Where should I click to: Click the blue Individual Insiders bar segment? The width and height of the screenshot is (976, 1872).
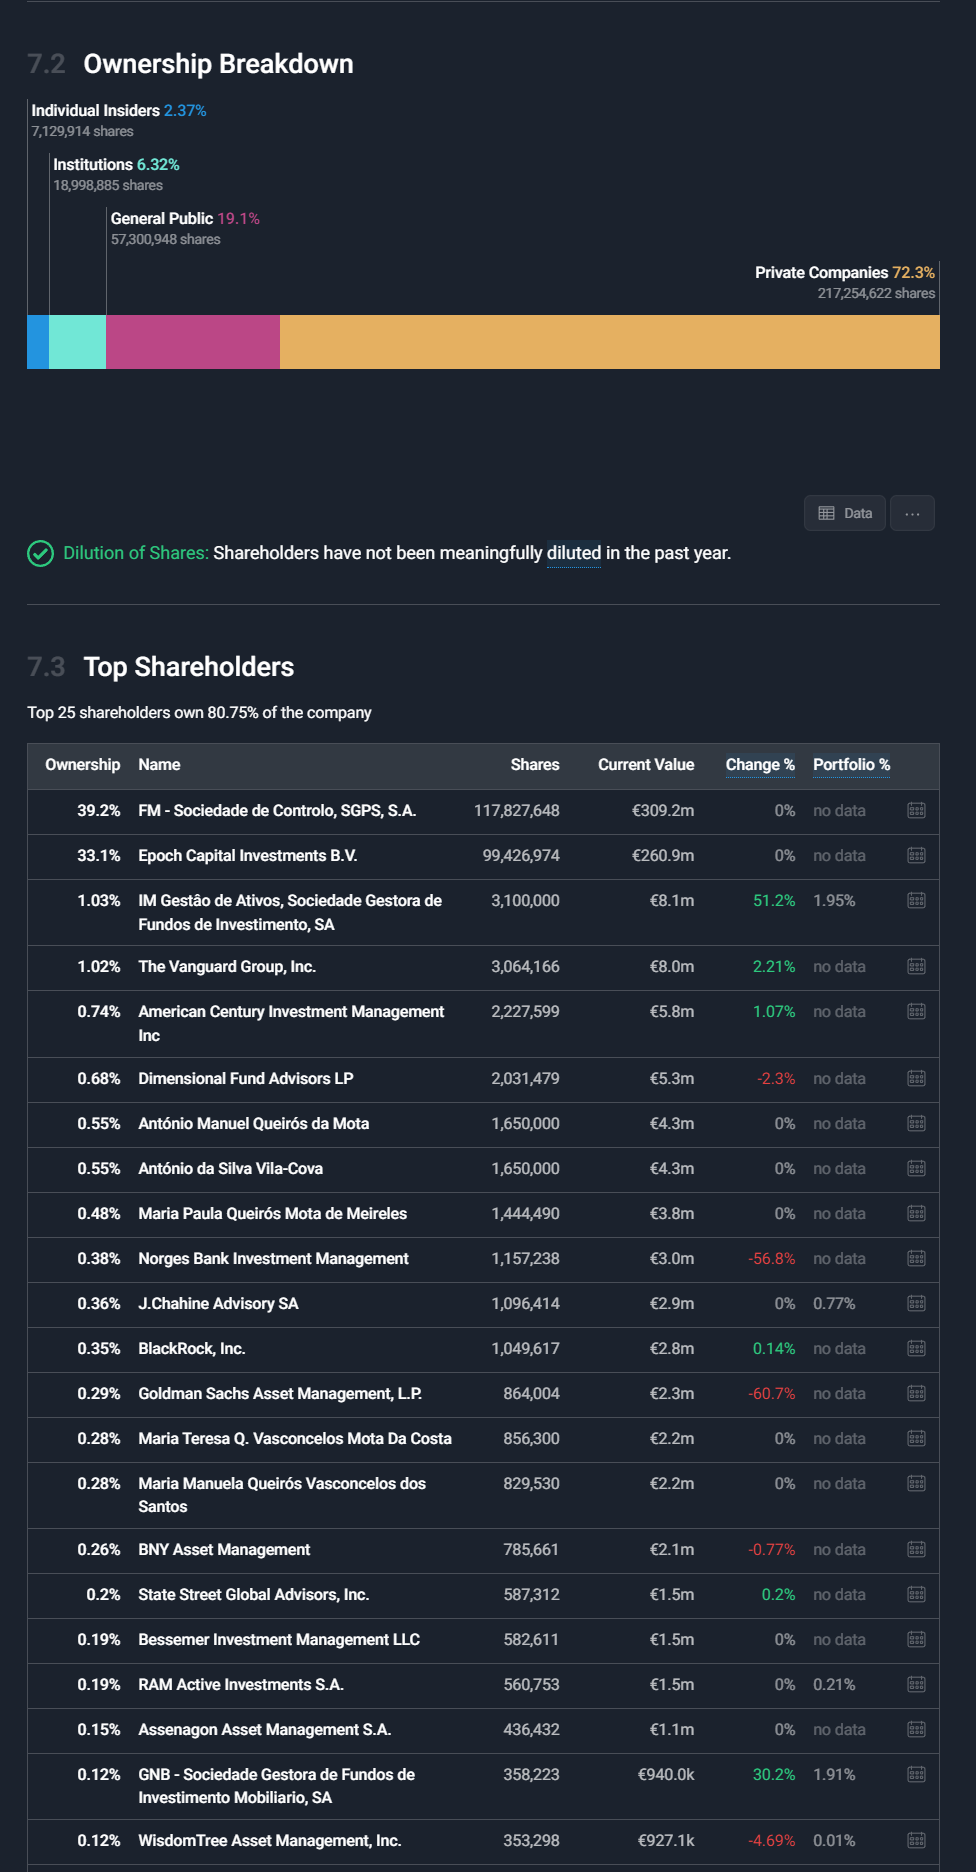click(x=38, y=342)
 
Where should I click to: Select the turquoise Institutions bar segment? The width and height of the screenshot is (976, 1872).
click(x=77, y=342)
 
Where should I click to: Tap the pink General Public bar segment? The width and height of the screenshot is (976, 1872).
click(x=192, y=342)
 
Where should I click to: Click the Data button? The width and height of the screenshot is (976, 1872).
click(x=845, y=513)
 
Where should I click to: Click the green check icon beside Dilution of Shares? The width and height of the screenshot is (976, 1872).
click(x=40, y=553)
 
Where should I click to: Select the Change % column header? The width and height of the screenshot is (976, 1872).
click(x=760, y=765)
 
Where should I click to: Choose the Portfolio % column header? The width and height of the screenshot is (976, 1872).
click(x=851, y=765)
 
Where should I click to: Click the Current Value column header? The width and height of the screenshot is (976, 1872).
click(x=646, y=765)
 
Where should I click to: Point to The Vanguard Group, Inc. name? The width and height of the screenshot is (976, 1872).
click(x=227, y=967)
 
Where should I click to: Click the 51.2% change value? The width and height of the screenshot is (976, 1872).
click(x=774, y=901)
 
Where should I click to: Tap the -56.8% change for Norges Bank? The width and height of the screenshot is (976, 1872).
click(x=772, y=1259)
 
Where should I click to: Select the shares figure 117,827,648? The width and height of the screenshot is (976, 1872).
click(x=516, y=811)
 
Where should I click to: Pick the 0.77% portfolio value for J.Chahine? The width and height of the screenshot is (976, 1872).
click(x=834, y=1304)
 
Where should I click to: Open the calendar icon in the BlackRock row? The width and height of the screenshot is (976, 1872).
click(x=916, y=1349)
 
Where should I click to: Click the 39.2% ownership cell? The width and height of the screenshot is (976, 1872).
click(x=98, y=811)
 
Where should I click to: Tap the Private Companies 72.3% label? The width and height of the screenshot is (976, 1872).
click(x=844, y=273)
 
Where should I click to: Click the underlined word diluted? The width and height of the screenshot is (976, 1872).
click(x=574, y=553)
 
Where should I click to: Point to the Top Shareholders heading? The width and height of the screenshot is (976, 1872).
click(x=189, y=667)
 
